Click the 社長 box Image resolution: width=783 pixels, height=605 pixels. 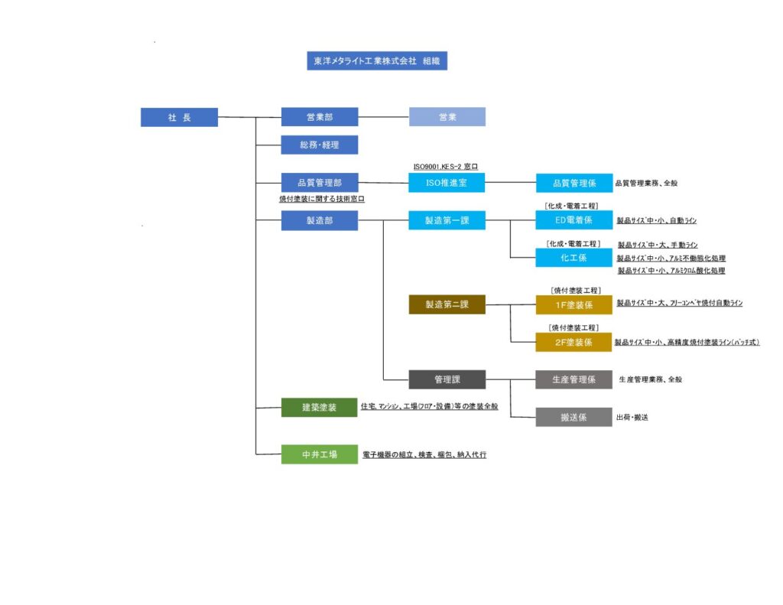tap(179, 117)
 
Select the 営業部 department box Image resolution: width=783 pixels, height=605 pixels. tap(319, 117)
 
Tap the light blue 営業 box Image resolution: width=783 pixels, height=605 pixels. tap(447, 117)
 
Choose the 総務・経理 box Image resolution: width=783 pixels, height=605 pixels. tap(319, 145)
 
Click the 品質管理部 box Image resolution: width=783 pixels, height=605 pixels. tap(319, 183)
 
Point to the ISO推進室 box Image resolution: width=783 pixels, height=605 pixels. tap(447, 183)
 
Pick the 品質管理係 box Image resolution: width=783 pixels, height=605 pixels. tap(574, 183)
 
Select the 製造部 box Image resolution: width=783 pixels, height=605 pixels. tap(319, 220)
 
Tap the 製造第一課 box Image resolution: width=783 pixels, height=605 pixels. tap(447, 220)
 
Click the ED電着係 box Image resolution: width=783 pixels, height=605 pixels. tap(574, 220)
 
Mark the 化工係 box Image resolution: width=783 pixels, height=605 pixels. tap(574, 258)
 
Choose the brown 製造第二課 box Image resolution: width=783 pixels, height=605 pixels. tap(447, 304)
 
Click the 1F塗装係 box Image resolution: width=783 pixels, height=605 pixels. tap(574, 304)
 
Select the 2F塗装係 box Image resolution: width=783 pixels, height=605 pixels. tap(574, 342)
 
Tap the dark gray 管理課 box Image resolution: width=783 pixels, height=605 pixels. tap(447, 379)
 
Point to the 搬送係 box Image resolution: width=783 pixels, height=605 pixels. tap(574, 417)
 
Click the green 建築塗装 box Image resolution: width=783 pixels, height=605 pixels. tap(319, 407)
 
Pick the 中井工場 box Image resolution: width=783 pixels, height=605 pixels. tap(319, 454)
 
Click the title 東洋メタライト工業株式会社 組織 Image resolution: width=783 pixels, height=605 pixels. tap(376, 61)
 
